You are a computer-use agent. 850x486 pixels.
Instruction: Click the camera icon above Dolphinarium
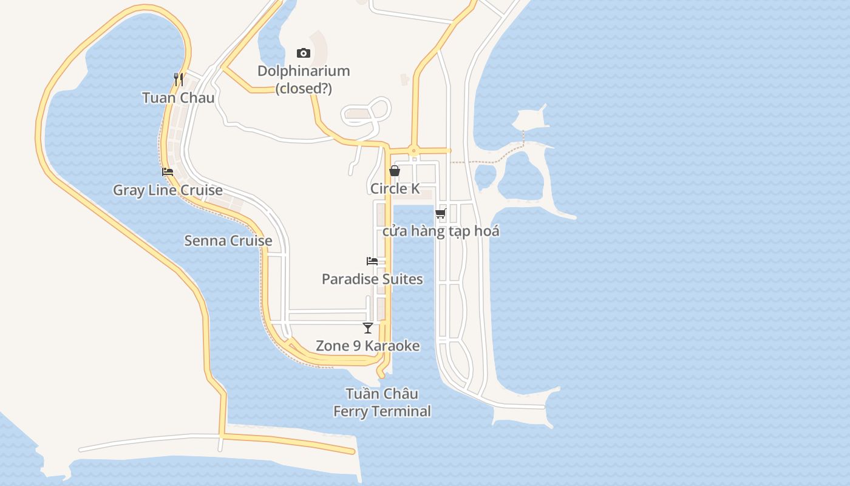tap(304, 53)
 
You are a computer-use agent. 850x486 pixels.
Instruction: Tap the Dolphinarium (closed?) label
tap(304, 80)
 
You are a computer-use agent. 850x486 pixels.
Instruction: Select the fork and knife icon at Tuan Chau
tap(178, 79)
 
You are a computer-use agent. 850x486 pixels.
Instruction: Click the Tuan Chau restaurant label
tap(178, 98)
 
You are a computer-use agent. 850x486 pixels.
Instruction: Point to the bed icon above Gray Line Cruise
tap(168, 172)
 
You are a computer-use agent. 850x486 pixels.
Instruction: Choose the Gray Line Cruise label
tap(168, 190)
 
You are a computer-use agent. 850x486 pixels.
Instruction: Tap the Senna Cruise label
tap(228, 241)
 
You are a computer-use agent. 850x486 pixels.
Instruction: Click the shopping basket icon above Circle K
tap(395, 171)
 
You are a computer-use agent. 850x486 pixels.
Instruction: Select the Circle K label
tap(395, 189)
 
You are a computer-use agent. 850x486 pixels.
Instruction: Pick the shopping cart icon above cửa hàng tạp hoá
tap(441, 213)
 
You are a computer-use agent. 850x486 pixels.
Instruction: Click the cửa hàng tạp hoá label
tap(441, 231)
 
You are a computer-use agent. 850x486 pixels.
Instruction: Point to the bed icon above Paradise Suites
tap(372, 261)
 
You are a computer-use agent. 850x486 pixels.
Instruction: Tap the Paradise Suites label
tap(372, 279)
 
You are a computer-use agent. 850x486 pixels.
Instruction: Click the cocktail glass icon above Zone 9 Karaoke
tap(368, 328)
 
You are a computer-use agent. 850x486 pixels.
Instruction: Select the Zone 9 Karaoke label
tap(368, 346)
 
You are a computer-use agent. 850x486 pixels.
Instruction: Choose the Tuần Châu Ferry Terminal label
tap(382, 402)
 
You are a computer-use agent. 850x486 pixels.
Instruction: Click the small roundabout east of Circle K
tap(413, 151)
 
